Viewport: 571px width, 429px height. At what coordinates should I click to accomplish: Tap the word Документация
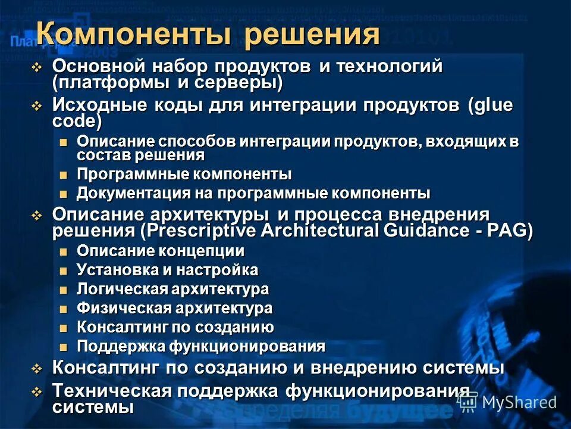point(127,194)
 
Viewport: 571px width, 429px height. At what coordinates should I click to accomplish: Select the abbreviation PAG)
point(513,230)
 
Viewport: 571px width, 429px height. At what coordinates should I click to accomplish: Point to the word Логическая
point(123,290)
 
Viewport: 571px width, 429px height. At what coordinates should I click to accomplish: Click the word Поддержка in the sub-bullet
point(121,347)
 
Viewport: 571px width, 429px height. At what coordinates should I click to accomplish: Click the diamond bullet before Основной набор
point(37,67)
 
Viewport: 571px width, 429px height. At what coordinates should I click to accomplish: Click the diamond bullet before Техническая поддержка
point(37,391)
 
